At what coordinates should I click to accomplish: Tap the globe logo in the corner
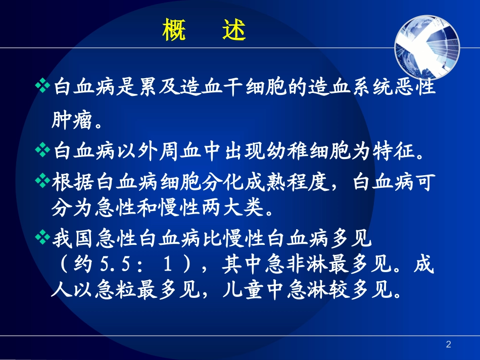pos(427,40)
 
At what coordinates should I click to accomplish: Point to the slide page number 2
pos(448,344)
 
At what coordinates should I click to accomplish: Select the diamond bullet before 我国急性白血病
pos(43,237)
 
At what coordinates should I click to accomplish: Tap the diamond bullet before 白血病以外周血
pos(43,150)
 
